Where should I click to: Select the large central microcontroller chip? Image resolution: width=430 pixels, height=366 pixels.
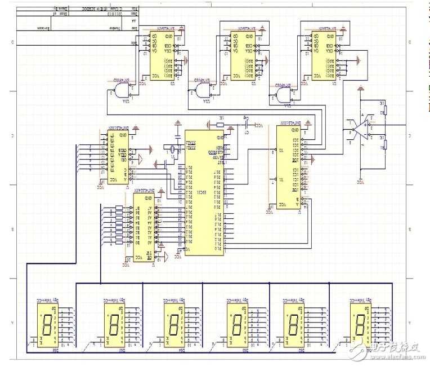203,192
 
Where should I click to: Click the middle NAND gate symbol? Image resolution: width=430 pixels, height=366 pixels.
203,89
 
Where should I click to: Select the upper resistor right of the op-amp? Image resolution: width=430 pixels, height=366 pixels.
386,109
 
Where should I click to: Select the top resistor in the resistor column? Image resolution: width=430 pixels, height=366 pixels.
119,208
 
